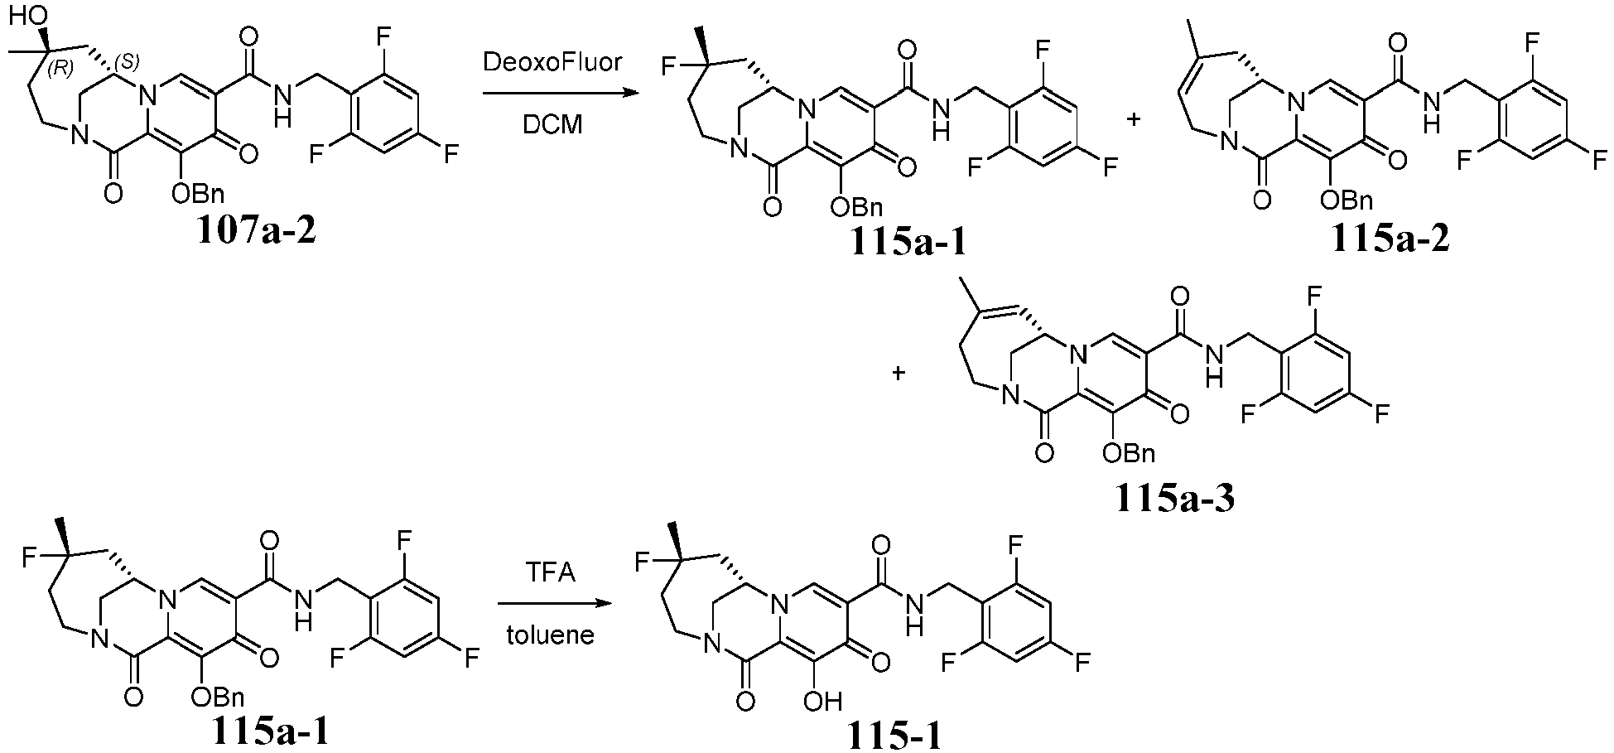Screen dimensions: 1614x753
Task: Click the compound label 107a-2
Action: pyautogui.click(x=258, y=233)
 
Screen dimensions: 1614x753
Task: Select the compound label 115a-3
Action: pyautogui.click(x=1175, y=498)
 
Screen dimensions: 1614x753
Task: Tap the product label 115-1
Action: pyautogui.click(x=894, y=735)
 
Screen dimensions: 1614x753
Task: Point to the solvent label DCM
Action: pyautogui.click(x=552, y=124)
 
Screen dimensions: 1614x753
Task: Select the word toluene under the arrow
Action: pyautogui.click(x=551, y=636)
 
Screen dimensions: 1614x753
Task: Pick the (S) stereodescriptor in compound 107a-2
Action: pyautogui.click(x=127, y=60)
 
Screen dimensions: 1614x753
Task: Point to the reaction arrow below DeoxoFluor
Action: pyautogui.click(x=553, y=94)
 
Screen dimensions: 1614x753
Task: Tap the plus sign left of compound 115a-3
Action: pyautogui.click(x=899, y=374)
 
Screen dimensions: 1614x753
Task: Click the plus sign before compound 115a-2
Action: pyautogui.click(x=1134, y=118)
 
